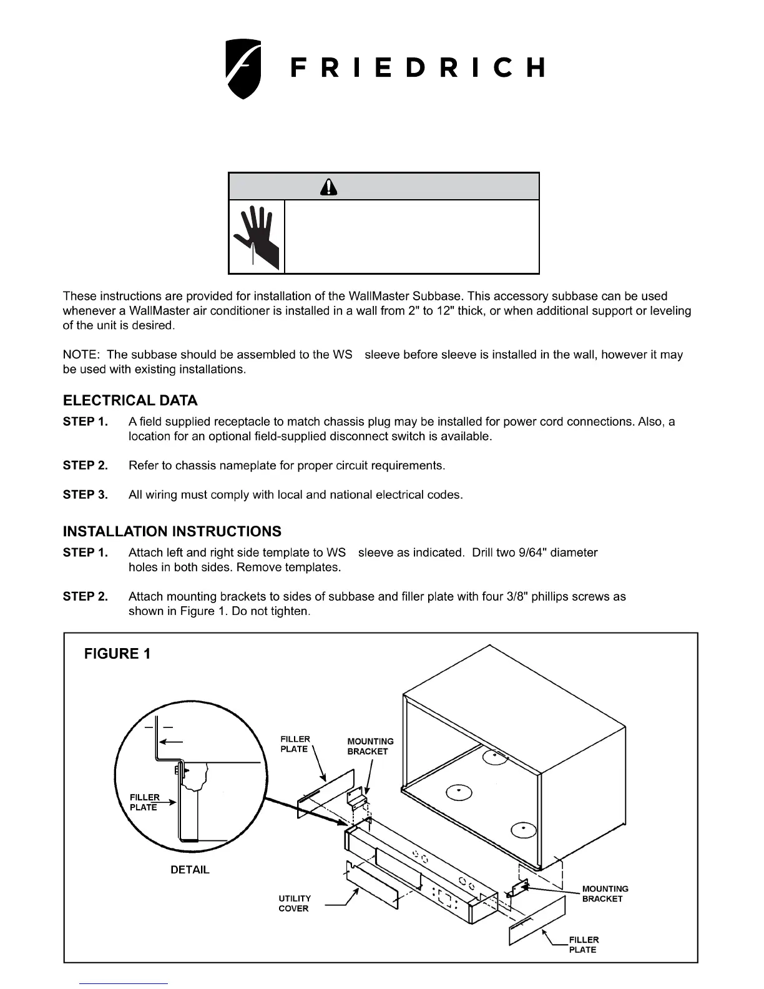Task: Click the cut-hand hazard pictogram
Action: [257, 237]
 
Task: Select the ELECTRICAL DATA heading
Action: [130, 400]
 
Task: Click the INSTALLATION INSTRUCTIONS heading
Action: [172, 531]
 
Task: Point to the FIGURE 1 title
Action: [117, 654]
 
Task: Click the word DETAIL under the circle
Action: [190, 870]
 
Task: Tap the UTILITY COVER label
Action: [294, 903]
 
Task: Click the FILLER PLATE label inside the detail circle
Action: [144, 802]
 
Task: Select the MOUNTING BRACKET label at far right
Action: [605, 893]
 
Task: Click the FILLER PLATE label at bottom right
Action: [583, 945]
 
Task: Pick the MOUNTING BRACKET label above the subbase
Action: [370, 746]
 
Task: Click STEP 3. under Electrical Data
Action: [85, 494]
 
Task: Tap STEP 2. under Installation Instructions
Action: [85, 596]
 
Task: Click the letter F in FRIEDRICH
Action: [298, 67]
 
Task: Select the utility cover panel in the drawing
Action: [373, 886]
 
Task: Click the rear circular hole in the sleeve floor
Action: [494, 755]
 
